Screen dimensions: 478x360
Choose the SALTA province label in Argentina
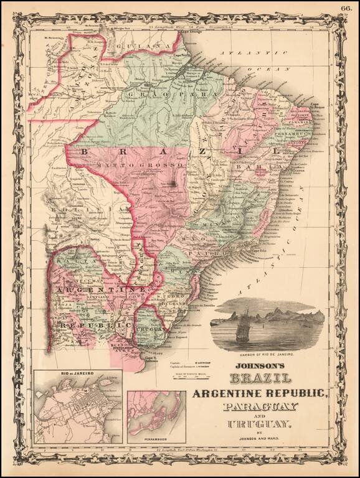pos(72,262)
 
